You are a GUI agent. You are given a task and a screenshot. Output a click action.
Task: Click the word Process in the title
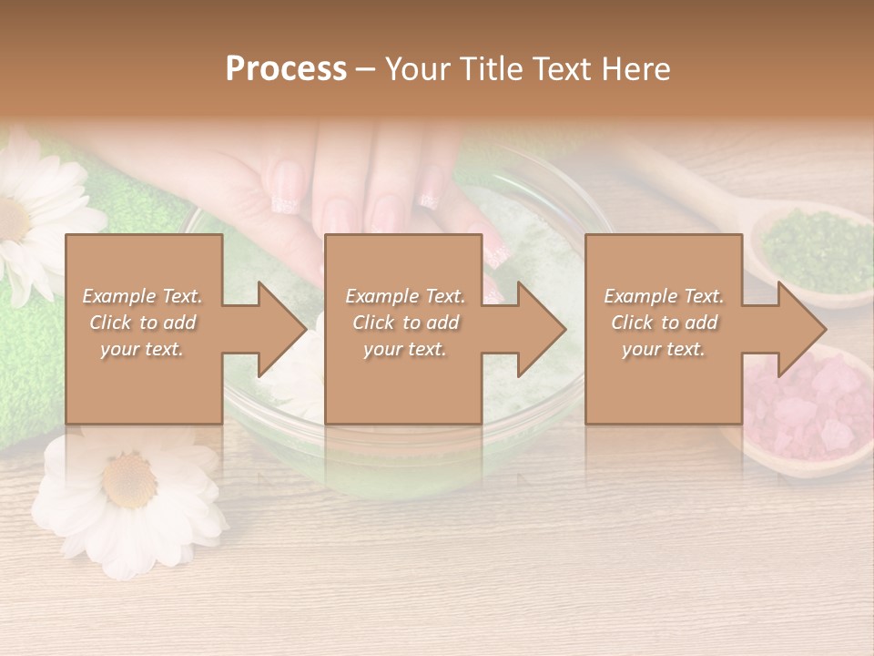coord(286,69)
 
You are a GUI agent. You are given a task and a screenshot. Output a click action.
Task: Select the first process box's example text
coord(143,323)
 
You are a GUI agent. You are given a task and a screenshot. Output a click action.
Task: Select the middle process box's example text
coord(404,323)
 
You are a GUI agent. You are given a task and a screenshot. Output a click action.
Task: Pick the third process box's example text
coord(664,323)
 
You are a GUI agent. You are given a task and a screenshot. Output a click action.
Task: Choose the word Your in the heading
coord(415,69)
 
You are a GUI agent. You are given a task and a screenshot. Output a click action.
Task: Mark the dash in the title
coord(365,70)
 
